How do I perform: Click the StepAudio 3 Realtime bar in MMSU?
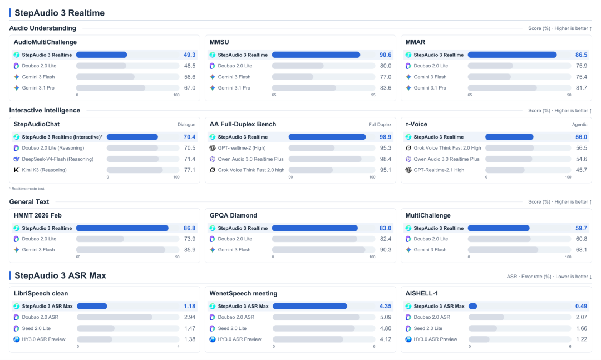point(316,55)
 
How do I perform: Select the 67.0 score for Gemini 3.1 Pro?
point(190,88)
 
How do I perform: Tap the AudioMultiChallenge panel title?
point(45,42)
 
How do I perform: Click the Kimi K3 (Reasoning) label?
point(44,170)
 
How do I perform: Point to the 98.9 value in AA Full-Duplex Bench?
point(385,137)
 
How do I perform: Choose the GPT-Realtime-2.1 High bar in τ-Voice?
point(505,170)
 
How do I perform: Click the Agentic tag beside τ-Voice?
point(579,125)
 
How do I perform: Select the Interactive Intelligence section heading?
point(45,110)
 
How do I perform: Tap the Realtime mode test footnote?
point(27,189)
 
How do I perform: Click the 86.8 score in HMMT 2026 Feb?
point(189,228)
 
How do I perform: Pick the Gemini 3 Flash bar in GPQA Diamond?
point(318,250)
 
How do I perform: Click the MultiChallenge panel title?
point(428,215)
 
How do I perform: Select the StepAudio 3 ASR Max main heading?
point(60,275)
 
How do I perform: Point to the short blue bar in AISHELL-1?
point(472,307)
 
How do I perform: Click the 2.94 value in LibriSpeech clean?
point(189,317)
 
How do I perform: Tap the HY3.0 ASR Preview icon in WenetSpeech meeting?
point(213,339)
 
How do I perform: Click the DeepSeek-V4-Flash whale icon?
point(17,159)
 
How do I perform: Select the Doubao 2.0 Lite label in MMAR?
point(431,66)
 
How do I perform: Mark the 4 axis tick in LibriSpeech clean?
point(178,347)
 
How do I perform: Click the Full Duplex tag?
point(380,125)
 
